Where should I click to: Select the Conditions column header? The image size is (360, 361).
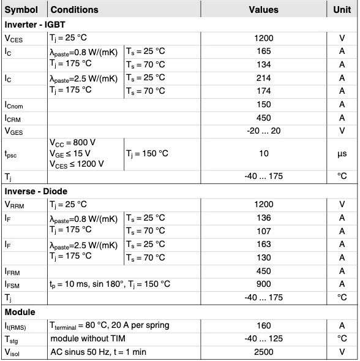pyautogui.click(x=74, y=10)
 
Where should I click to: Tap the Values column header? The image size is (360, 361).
pyautogui.click(x=263, y=10)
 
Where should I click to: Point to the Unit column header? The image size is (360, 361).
pyautogui.click(x=342, y=10)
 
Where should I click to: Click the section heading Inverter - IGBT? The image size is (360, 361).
pyautogui.click(x=38, y=25)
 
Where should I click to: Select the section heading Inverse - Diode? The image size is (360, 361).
pyautogui.click(x=36, y=191)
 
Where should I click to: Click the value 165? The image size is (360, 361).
pyautogui.click(x=263, y=51)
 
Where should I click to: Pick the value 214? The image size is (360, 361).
pyautogui.click(x=263, y=78)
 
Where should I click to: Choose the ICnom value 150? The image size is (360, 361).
pyautogui.click(x=263, y=105)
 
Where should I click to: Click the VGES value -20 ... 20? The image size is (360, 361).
pyautogui.click(x=263, y=131)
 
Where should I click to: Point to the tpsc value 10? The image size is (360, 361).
pyautogui.click(x=263, y=153)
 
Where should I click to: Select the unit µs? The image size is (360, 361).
pyautogui.click(x=342, y=153)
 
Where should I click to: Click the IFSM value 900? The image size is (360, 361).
pyautogui.click(x=263, y=284)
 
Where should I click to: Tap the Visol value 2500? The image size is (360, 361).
pyautogui.click(x=263, y=352)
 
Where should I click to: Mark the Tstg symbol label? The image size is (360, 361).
pyautogui.click(x=13, y=339)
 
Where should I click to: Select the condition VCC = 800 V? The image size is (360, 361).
pyautogui.click(x=72, y=143)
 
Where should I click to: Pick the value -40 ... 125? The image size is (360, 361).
pyautogui.click(x=263, y=338)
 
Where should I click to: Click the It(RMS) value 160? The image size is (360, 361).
pyautogui.click(x=263, y=325)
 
